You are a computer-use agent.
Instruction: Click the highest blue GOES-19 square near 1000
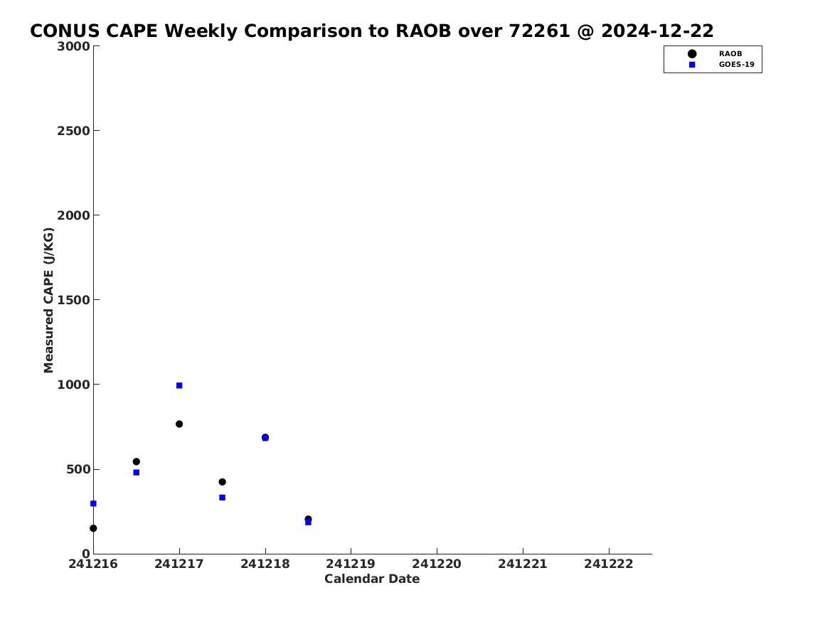tap(179, 385)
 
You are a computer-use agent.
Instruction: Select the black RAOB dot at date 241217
tap(179, 424)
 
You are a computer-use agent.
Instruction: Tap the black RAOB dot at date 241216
tap(93, 528)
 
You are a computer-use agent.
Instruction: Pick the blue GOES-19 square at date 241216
tap(93, 503)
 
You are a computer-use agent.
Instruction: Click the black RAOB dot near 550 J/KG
tap(136, 462)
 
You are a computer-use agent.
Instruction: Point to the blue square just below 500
tap(136, 472)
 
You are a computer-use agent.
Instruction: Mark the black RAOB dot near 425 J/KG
tap(223, 482)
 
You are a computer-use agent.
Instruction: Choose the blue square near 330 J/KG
tap(223, 498)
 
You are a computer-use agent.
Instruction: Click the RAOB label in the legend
tap(730, 54)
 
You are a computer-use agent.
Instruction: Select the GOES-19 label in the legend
tap(736, 65)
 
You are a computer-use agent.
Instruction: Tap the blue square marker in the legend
tap(692, 65)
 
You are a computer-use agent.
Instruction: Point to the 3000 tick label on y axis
tap(73, 46)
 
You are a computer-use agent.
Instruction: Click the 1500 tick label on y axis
tap(73, 300)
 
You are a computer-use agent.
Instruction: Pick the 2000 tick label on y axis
tap(73, 215)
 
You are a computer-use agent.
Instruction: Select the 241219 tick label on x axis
tap(351, 564)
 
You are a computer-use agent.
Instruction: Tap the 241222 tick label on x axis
tap(609, 564)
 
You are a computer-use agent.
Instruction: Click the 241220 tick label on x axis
tap(437, 564)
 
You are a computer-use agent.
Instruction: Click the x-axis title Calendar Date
tap(372, 579)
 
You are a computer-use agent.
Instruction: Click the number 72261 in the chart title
tap(539, 31)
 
